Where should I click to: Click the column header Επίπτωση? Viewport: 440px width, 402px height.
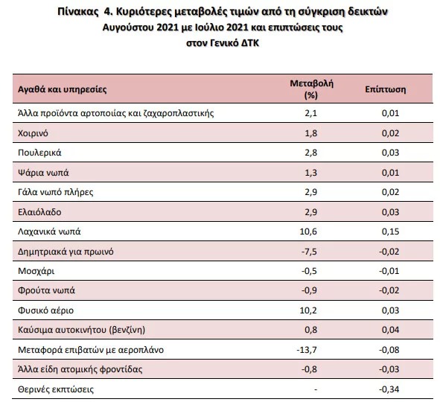coord(385,89)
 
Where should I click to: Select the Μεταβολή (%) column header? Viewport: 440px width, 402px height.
coord(311,89)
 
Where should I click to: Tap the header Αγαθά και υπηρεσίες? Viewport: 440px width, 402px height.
coord(63,89)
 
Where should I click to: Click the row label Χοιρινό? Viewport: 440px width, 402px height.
coord(33,133)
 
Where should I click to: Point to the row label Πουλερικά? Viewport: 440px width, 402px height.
coord(39,153)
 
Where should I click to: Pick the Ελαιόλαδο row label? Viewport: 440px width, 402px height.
coord(39,212)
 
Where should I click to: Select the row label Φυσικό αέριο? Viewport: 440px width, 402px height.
coord(45,310)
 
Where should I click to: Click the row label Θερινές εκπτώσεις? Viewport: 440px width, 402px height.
coord(56,389)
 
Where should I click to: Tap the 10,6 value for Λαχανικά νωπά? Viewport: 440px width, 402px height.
coord(308,232)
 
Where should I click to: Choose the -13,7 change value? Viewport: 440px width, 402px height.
coord(307,350)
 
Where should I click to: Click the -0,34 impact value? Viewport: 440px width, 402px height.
coord(389,389)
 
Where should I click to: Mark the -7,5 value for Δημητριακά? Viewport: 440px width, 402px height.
coord(309,252)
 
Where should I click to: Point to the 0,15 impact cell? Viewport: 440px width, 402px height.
coord(390,232)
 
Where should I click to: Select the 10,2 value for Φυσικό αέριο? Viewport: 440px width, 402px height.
coord(308,310)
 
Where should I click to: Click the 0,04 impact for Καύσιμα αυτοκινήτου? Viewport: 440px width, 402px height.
coord(390,330)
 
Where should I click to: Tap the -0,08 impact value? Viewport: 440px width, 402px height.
coord(389,350)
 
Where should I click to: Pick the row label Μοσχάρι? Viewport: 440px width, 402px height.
coord(36,271)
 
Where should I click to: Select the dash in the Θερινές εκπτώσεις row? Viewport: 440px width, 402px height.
coord(316,389)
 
